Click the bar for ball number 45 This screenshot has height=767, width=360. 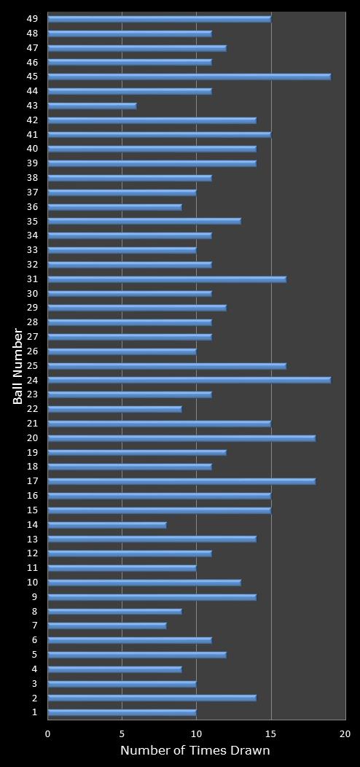pos(189,77)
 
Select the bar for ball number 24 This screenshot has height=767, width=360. pos(189,380)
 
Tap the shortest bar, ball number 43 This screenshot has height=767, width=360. pos(92,106)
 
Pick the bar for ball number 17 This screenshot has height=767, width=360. pos(181,481)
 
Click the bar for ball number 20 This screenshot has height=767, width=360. pos(181,437)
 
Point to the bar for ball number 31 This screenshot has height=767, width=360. pos(167,279)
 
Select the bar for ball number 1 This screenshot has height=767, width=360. pos(122,712)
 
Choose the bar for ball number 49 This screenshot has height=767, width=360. pos(159,19)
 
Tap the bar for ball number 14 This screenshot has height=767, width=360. pos(107,524)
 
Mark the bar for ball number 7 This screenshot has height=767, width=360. pos(107,626)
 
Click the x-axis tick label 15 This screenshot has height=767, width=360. pos(270,734)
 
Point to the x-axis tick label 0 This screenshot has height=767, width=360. pos(48,734)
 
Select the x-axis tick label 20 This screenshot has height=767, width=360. pos(345,734)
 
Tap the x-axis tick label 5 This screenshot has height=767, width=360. pos(122,734)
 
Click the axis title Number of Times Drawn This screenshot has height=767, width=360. pos(195,751)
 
